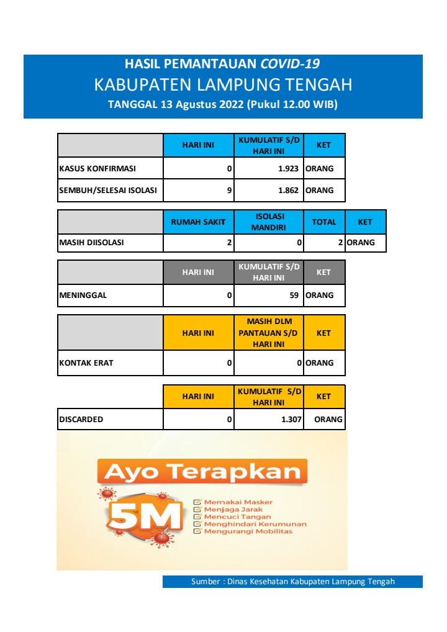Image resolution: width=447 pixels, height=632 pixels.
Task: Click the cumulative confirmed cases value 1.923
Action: [287, 168]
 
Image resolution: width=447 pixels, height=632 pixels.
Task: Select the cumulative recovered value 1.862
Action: [287, 191]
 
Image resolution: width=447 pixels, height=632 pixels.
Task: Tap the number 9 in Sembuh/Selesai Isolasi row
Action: [229, 191]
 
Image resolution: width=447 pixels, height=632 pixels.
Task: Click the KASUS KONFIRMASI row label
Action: [97, 168]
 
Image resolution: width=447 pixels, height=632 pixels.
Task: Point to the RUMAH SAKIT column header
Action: [198, 222]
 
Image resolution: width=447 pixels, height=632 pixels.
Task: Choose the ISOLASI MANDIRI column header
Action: [268, 222]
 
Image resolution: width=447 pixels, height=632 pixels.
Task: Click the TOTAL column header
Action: [323, 222]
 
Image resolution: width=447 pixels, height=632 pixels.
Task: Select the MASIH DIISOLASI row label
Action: [91, 243]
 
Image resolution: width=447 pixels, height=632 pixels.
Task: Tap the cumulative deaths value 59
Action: [294, 296]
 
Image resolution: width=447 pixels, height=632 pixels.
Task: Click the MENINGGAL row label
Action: [83, 296]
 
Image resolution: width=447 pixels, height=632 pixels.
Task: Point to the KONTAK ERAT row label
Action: [86, 363]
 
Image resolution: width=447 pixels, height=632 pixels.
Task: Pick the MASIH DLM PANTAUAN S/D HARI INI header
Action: [268, 333]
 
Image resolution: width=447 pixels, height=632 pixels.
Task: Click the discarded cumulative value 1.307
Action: [291, 420]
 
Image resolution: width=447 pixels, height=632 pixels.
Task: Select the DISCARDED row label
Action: [81, 420]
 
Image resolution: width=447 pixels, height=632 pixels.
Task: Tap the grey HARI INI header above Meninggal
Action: [198, 273]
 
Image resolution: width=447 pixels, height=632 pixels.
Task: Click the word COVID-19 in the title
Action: [290, 63]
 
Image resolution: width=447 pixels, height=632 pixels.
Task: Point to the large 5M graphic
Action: [146, 516]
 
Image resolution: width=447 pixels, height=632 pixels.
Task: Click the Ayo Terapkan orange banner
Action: [202, 472]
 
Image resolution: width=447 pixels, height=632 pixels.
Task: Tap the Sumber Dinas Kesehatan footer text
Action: [292, 582]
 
